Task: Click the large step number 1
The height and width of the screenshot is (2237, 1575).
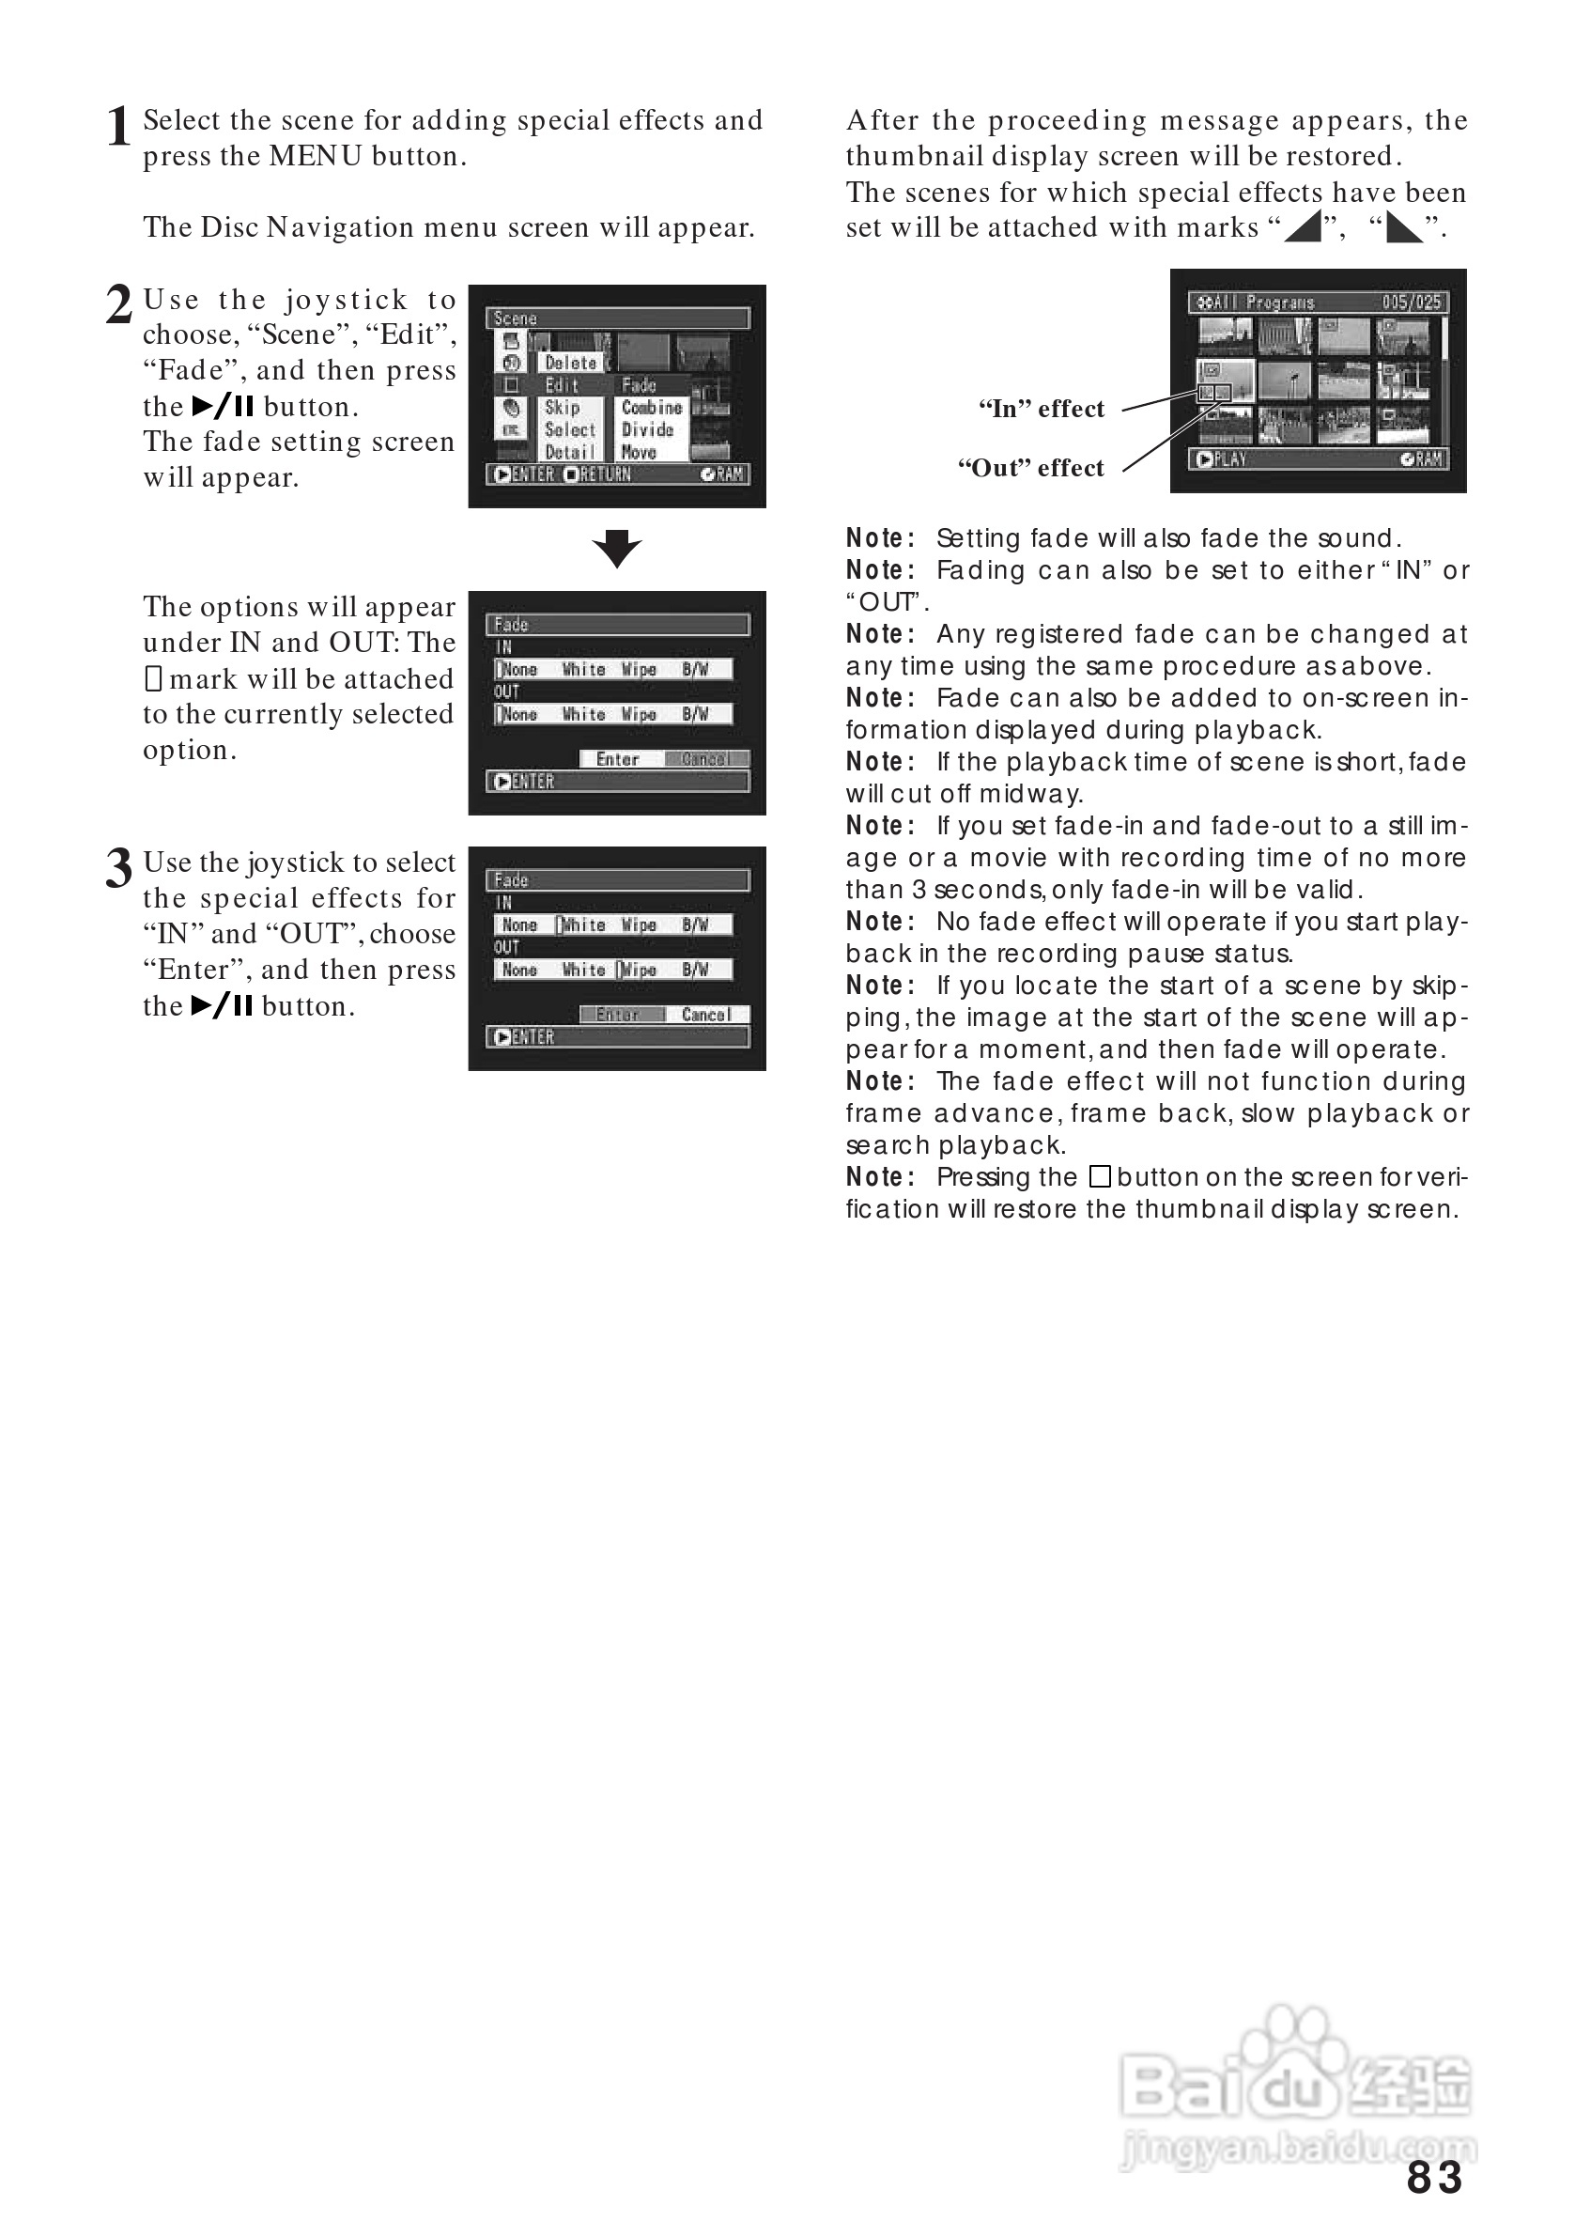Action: coord(117,128)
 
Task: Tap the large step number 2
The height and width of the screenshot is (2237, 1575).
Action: coord(117,304)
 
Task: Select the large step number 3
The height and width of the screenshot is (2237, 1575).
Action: coord(117,867)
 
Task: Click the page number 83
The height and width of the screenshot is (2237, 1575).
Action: coord(1434,2178)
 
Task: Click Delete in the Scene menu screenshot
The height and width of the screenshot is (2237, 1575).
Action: coord(571,363)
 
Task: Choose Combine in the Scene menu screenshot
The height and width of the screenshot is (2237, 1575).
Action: coord(652,407)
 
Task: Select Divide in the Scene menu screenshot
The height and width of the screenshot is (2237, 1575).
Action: coord(648,429)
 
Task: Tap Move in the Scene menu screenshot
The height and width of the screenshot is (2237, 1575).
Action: coord(639,452)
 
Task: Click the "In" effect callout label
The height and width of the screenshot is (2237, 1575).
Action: coord(1042,409)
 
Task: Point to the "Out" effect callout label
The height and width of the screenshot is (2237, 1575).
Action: coord(1030,468)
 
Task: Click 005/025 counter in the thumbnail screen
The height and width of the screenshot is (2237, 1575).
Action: coord(1412,302)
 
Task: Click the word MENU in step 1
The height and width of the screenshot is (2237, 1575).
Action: coord(316,156)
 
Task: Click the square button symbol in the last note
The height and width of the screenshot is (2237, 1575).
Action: coord(1100,1177)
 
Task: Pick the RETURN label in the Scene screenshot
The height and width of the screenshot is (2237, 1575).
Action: coord(605,474)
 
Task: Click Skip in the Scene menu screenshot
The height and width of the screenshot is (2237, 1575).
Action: coord(562,407)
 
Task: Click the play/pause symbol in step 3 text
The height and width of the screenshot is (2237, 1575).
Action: coord(222,1005)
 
